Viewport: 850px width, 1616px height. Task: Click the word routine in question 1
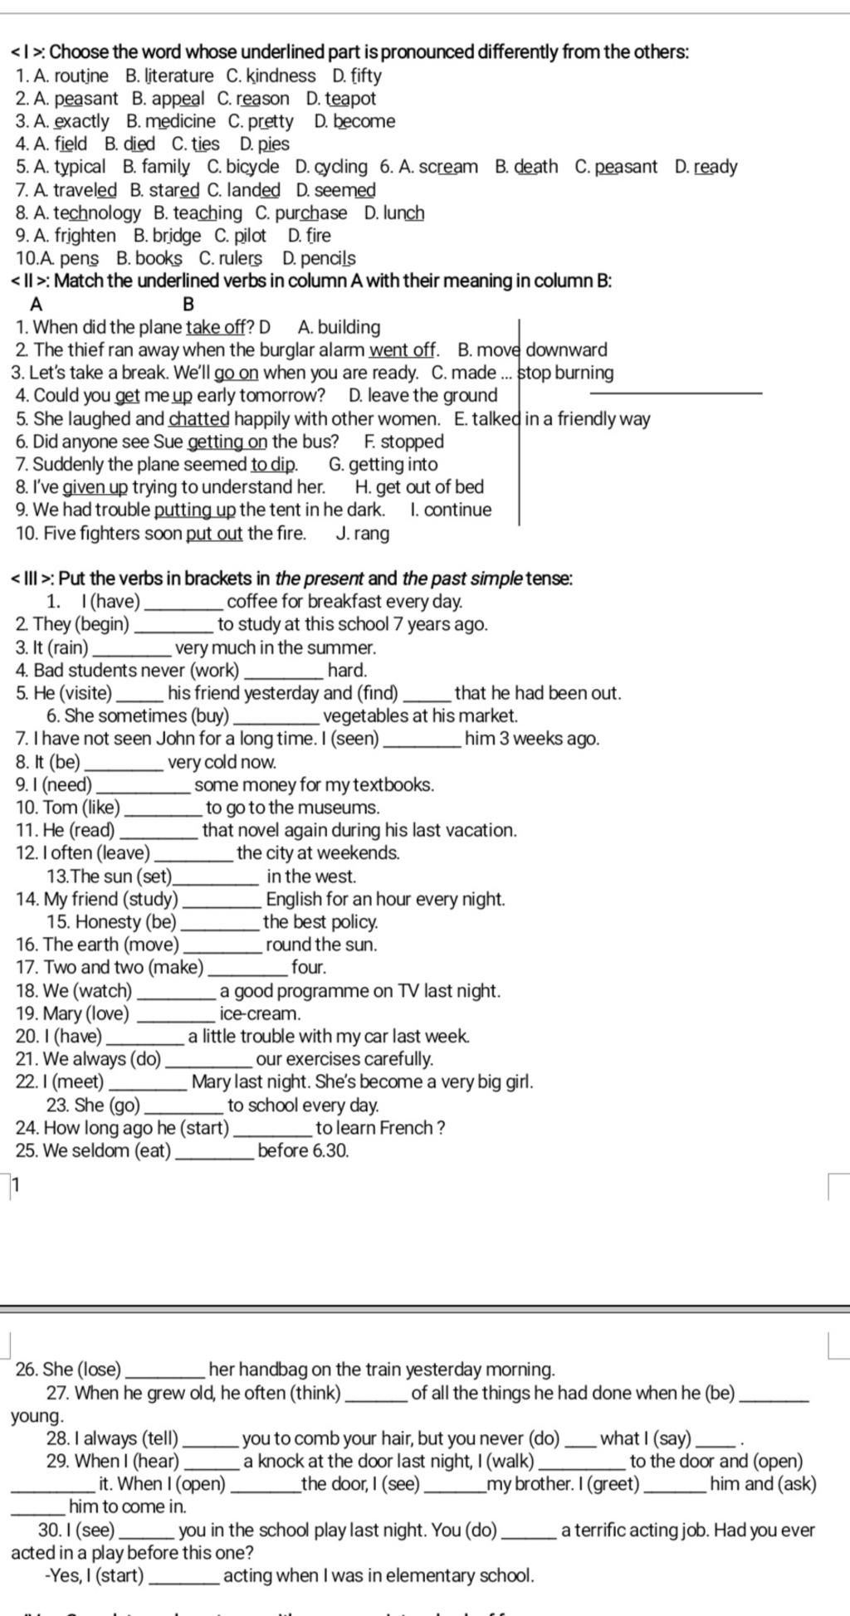[81, 76]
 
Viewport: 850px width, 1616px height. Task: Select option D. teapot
[340, 99]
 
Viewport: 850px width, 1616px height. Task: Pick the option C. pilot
[240, 236]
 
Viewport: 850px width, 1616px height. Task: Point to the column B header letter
[188, 305]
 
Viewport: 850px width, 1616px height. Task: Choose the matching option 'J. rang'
[363, 534]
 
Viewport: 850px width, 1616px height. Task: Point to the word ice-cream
[260, 1014]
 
